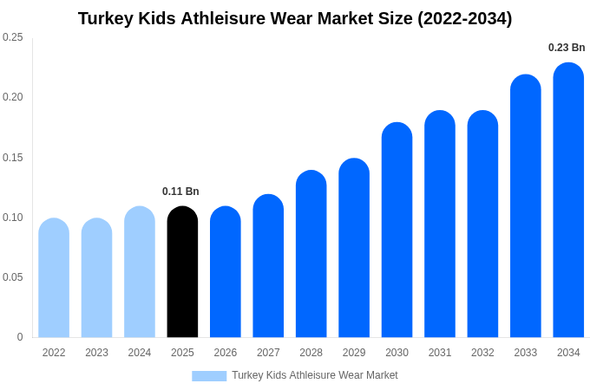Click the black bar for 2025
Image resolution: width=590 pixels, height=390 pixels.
pos(182,272)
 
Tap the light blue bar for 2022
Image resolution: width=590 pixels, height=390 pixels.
pos(54,278)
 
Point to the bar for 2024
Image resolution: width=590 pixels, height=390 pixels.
pos(140,272)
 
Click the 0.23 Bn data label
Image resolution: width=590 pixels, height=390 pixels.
pos(567,48)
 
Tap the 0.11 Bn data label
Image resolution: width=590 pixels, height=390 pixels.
pos(180,192)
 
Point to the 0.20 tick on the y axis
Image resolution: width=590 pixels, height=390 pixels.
pos(13,97)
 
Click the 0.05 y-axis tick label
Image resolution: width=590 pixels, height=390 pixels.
pos(13,277)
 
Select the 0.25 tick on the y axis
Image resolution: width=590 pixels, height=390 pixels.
pos(13,37)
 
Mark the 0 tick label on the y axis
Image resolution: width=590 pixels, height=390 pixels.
pos(20,337)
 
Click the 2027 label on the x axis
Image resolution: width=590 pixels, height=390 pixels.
pos(268,353)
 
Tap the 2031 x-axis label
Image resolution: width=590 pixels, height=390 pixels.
pos(440,353)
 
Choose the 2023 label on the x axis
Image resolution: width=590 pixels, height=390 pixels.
pos(96,353)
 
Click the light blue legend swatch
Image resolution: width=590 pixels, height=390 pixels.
pos(209,376)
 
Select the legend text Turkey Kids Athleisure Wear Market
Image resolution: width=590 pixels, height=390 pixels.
pos(314,375)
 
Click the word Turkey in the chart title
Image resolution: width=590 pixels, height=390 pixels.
pos(106,18)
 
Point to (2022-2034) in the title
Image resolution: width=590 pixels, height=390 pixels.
pos(465,18)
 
